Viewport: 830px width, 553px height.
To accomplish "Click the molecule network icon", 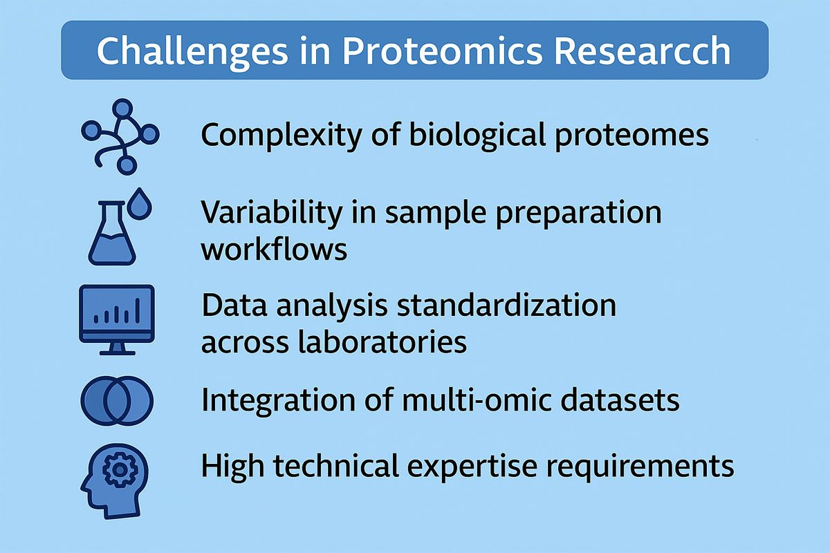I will click(119, 135).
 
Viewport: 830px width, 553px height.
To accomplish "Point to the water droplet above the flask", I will click(142, 202).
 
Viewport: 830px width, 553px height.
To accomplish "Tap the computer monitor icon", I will click(117, 319).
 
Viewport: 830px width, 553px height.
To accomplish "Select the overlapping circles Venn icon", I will click(117, 400).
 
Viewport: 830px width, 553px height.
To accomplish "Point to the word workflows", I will click(274, 249).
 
